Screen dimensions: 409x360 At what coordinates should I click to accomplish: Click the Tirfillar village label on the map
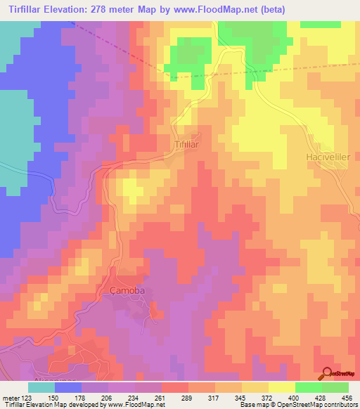[187, 143]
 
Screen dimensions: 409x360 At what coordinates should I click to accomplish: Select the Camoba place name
[127, 290]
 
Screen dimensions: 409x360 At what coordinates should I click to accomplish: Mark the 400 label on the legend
[296, 398]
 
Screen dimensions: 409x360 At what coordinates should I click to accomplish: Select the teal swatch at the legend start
[41, 387]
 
